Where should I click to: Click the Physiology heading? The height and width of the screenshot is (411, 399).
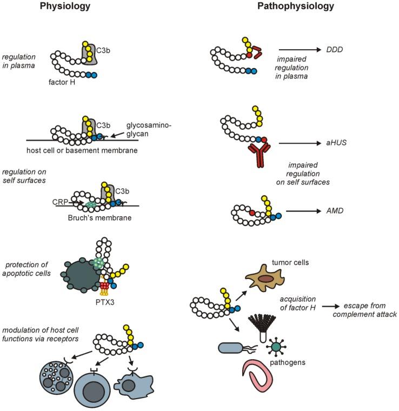point(65,7)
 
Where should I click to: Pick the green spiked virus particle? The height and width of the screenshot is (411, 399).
point(277,346)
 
